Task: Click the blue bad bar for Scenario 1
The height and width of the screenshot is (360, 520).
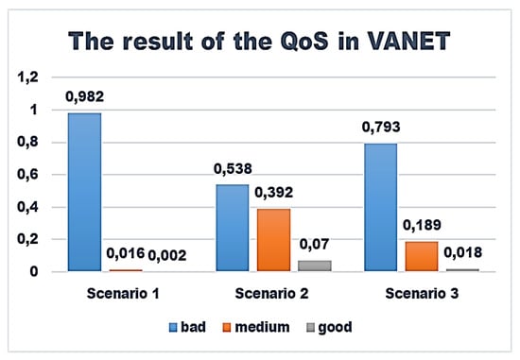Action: point(84,192)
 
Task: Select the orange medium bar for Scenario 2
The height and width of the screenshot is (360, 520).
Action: point(273,240)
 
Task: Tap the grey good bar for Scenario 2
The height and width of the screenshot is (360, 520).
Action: point(315,266)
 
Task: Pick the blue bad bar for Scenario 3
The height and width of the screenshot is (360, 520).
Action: point(381,208)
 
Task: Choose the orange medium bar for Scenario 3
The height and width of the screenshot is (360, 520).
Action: point(422,256)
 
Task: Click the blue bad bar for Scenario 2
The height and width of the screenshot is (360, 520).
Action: point(233,228)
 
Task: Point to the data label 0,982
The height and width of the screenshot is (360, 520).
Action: point(84,96)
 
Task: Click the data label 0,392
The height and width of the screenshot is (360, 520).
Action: point(273,193)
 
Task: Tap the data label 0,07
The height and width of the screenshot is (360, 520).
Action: point(314,245)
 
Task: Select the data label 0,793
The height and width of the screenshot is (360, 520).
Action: point(381,128)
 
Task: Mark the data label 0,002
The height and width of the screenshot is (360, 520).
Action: point(166,255)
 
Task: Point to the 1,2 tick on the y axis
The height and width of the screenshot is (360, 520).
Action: point(27,77)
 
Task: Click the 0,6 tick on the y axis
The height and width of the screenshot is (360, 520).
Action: point(27,175)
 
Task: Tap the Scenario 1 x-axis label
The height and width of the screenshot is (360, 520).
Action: point(123,293)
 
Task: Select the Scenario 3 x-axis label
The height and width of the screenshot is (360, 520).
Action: point(422,293)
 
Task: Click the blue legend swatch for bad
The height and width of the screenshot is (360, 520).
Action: point(173,328)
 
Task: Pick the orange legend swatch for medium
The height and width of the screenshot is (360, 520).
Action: point(227,328)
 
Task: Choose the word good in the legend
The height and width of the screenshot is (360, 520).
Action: point(335,328)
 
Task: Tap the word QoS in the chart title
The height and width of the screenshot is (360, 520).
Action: point(304,42)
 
